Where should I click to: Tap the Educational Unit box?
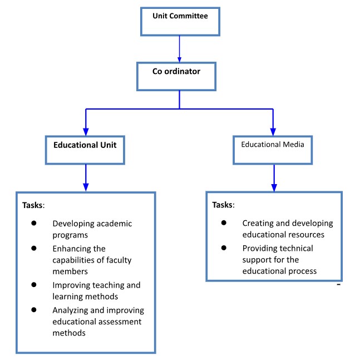[x=85, y=147]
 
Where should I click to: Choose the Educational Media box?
[x=272, y=147]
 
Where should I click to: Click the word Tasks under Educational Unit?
[x=32, y=205]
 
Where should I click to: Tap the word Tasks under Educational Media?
[x=223, y=205]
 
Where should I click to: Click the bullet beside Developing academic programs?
[x=33, y=222]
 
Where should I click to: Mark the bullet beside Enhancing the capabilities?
[x=33, y=248]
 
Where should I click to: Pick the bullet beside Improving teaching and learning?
[x=33, y=284]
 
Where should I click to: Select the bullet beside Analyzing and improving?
[x=33, y=309]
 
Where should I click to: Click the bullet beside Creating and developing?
[x=223, y=222]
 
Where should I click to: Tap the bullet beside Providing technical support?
[x=223, y=247]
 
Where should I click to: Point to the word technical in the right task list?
[x=294, y=248]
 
